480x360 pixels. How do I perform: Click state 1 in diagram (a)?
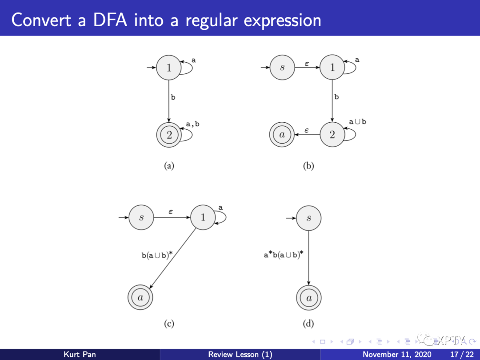(x=169, y=68)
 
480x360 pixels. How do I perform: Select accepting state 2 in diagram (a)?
(x=169, y=135)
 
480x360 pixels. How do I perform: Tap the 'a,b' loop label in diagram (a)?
(x=192, y=124)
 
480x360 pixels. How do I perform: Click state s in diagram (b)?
(x=282, y=68)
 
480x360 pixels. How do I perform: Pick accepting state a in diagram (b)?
(x=282, y=135)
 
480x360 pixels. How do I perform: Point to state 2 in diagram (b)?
(x=332, y=135)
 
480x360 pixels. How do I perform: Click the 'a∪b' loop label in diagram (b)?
(x=357, y=122)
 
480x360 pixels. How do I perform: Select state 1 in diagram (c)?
(x=203, y=217)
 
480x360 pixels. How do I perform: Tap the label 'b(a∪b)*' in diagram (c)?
(x=157, y=255)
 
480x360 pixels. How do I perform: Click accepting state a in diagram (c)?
(x=141, y=298)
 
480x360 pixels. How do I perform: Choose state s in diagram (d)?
(x=308, y=218)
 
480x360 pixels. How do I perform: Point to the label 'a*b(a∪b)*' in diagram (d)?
(x=283, y=255)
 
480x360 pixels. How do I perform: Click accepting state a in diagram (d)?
(x=308, y=298)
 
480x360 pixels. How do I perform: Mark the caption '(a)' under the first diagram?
(x=169, y=166)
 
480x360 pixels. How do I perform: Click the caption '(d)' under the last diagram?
(x=308, y=324)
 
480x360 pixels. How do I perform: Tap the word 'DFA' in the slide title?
(x=102, y=20)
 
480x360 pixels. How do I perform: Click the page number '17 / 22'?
(x=462, y=354)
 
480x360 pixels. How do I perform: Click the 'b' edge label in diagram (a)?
(x=173, y=97)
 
